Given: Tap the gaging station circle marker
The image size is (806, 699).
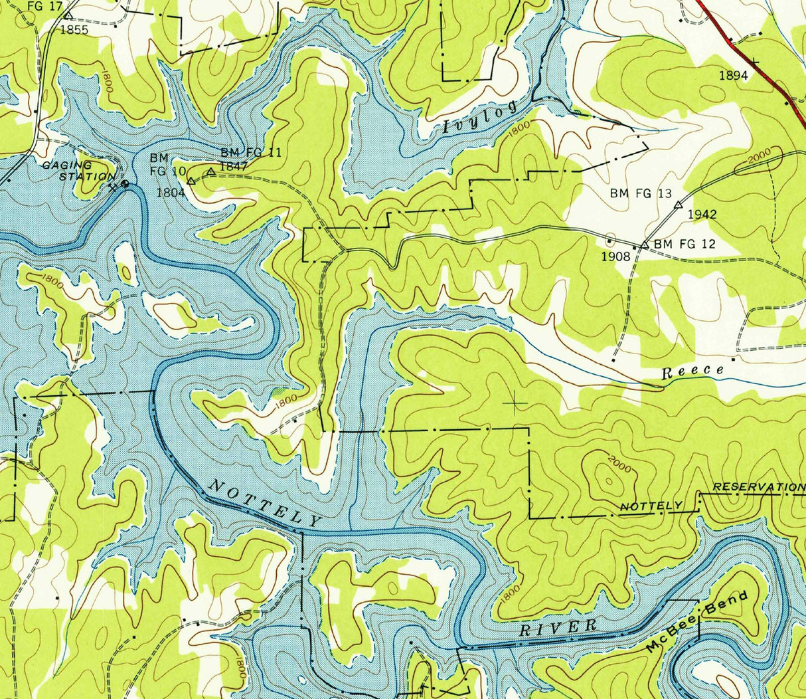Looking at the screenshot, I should point(125,184).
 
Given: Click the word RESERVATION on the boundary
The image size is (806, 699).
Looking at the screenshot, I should point(758,487).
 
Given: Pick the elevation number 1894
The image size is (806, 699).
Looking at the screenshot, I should point(733,76).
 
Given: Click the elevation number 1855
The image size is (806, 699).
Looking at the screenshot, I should point(74,30).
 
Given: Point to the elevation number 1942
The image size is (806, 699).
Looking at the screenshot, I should point(702,214).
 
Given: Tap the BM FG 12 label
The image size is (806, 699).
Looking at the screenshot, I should point(685,245).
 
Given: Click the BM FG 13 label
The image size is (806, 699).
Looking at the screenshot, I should point(641,194).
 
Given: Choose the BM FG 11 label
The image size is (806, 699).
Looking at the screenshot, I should point(251,153).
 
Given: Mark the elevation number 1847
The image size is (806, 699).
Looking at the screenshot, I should point(234,166).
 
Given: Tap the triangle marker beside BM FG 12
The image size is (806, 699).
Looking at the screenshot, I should point(645,245).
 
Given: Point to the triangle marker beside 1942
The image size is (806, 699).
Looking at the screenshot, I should point(678,205).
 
